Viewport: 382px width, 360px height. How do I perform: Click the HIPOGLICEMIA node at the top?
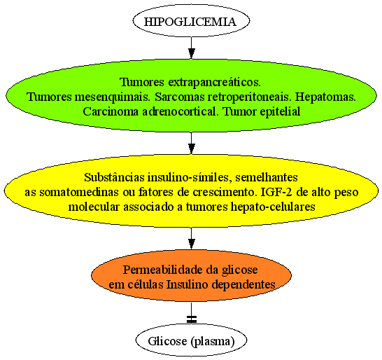click(191, 21)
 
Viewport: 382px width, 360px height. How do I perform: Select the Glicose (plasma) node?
click(191, 340)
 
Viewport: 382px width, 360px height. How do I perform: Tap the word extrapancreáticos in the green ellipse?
click(214, 82)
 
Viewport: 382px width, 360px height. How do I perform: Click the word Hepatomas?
click(325, 97)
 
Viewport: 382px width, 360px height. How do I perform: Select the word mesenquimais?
click(112, 97)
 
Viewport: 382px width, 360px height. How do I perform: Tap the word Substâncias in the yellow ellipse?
click(114, 177)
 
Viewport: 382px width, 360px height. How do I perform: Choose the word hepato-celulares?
click(273, 207)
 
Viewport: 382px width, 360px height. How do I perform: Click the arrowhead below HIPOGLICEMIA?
click(192, 53)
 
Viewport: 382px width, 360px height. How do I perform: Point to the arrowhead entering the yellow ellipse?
click(192, 148)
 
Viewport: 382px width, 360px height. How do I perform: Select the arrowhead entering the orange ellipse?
click(192, 244)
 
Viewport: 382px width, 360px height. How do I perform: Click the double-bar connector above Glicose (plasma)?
click(192, 319)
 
